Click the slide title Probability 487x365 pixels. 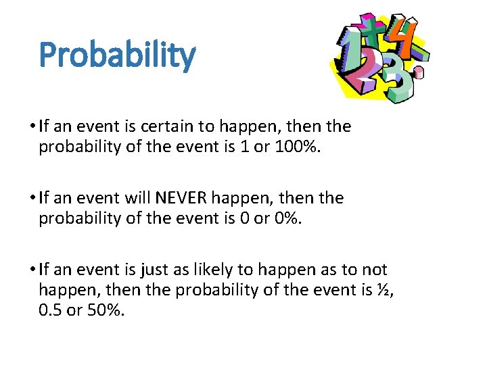pos(117,55)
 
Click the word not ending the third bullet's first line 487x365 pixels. pos(374,270)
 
